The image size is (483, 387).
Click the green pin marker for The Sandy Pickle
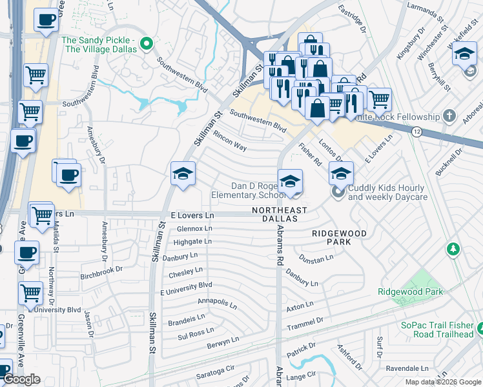[x=147, y=45]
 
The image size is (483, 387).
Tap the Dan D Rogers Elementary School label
[x=248, y=190]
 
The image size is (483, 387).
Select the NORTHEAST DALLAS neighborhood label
[x=279, y=215]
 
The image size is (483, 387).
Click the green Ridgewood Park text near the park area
[x=411, y=292]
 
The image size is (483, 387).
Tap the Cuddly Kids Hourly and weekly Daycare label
[x=388, y=192]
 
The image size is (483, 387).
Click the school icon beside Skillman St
[x=183, y=174]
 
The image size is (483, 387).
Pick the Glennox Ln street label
[x=194, y=229]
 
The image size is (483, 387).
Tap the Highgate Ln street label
[x=192, y=242]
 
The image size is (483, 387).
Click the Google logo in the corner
[x=22, y=379]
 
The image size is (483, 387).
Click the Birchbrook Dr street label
[x=101, y=273]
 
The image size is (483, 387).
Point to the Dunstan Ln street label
[x=316, y=257]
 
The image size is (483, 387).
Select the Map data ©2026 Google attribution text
[x=442, y=382]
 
